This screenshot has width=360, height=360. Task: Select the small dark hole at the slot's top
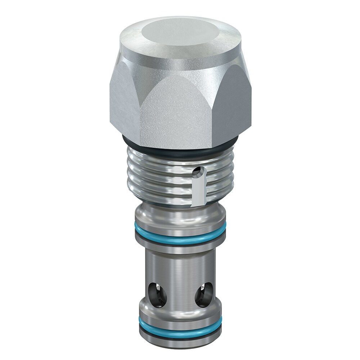(196, 174)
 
